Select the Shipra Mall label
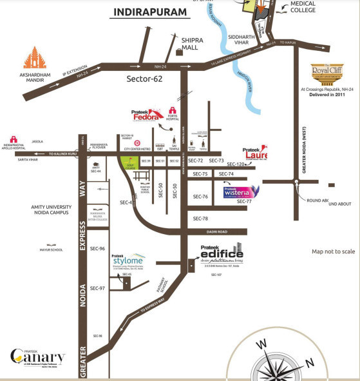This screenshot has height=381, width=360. tap(192, 44)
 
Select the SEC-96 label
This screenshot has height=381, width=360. tap(97, 248)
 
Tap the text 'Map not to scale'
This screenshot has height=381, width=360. tap(333, 251)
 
